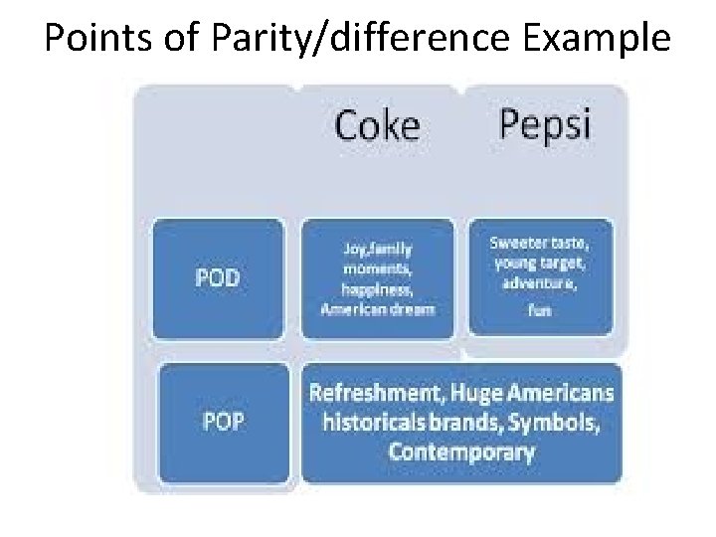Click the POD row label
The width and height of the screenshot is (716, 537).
(x=218, y=277)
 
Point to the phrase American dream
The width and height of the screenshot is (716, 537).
(x=378, y=308)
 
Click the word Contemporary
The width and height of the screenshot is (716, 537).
(x=461, y=452)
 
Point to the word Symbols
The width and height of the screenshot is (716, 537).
(x=551, y=423)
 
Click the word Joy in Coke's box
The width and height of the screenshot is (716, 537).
(x=350, y=250)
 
